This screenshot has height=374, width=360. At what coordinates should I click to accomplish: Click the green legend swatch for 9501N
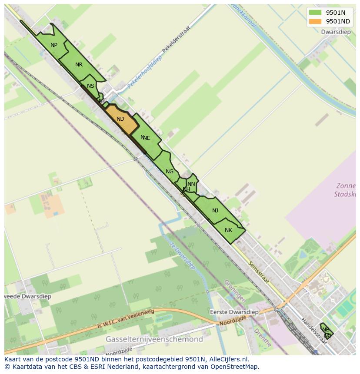(x=315, y=13)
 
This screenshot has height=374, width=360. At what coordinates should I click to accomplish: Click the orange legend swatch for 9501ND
(x=315, y=21)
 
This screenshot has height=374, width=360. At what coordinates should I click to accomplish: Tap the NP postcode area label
(x=54, y=45)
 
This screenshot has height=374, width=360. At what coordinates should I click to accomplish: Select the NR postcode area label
(x=79, y=65)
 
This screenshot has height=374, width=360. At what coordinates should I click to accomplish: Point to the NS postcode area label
(x=90, y=86)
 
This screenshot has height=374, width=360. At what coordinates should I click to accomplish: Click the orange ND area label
(x=120, y=119)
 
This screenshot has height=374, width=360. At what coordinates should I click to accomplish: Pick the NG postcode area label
(x=170, y=172)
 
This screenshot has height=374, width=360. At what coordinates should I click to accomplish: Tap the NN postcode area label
(x=191, y=184)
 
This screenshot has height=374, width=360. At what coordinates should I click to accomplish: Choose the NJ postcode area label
(x=215, y=211)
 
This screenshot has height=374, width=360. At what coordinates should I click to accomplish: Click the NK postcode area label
(x=229, y=230)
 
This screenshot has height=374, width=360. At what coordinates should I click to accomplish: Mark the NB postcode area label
(x=326, y=329)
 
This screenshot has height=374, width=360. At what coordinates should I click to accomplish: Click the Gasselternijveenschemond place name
(x=154, y=339)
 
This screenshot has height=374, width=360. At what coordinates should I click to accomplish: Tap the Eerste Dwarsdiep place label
(x=234, y=312)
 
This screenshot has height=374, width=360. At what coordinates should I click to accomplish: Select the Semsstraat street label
(x=259, y=273)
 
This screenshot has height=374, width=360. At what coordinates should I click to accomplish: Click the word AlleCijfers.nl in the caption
(x=228, y=359)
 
